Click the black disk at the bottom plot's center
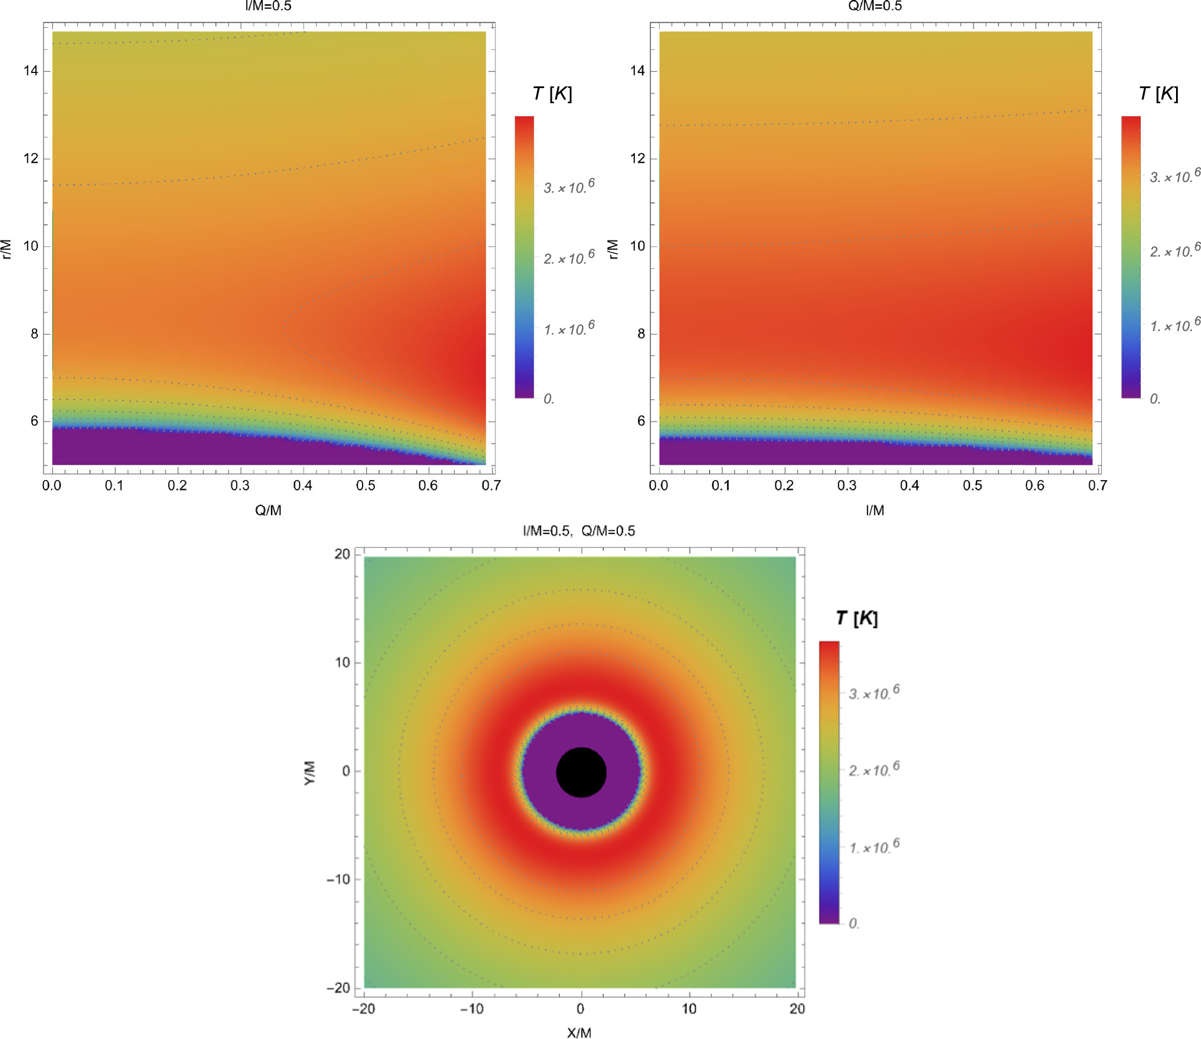[x=581, y=772]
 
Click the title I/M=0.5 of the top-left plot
[x=268, y=6]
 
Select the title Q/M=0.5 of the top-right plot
[x=875, y=6]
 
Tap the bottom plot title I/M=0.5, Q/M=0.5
[x=579, y=531]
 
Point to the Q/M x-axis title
[x=268, y=510]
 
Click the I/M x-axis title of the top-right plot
[x=875, y=510]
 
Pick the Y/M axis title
[x=310, y=773]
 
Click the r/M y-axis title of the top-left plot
[x=6, y=249]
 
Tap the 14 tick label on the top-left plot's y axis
[x=31, y=71]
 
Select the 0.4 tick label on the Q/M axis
[x=302, y=485]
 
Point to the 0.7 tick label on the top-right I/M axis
[x=1098, y=485]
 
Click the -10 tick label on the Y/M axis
[x=338, y=879]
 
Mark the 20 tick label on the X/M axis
[x=797, y=1009]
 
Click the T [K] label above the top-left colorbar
[x=552, y=94]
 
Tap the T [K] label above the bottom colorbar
[x=857, y=618]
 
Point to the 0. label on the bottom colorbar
[x=854, y=923]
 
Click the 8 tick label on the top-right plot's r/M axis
[x=641, y=333]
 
